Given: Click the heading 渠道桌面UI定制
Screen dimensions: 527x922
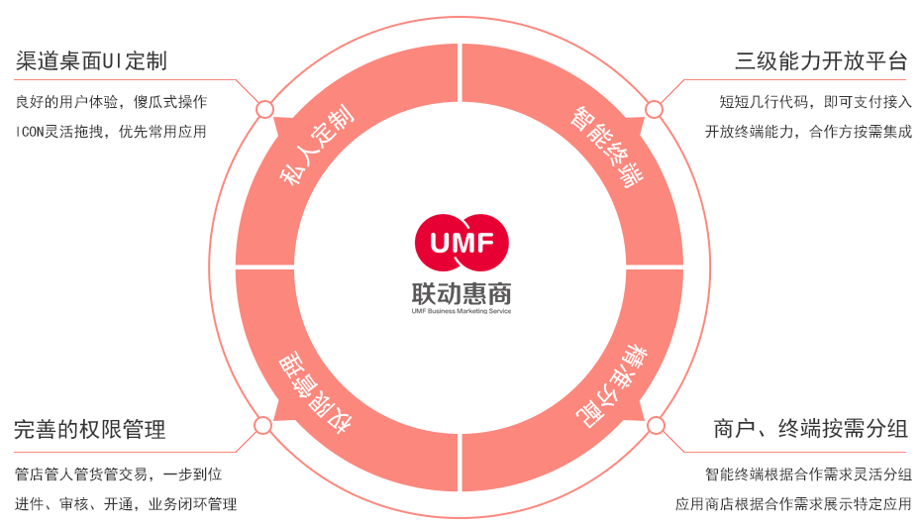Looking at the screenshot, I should pyautogui.click(x=91, y=61).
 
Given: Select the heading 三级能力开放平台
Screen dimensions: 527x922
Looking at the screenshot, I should pyautogui.click(x=821, y=61).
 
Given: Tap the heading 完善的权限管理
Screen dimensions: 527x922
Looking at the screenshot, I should pyautogui.click(x=90, y=430).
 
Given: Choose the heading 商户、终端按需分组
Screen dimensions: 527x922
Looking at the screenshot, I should pyautogui.click(x=810, y=430).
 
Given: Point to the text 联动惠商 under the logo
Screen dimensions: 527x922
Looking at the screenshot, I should pyautogui.click(x=461, y=292).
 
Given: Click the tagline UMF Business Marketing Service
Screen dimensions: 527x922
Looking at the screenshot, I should pyautogui.click(x=461, y=311).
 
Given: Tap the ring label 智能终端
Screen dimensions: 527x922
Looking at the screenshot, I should pyautogui.click(x=605, y=148).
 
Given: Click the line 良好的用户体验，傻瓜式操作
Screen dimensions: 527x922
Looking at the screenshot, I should pyautogui.click(x=111, y=102).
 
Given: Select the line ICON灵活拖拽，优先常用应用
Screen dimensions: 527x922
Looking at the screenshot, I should pyautogui.click(x=111, y=131).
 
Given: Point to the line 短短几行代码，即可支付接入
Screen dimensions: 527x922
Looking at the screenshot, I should pyautogui.click(x=815, y=102).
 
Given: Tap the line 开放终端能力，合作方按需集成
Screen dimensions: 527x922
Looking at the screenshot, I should pyautogui.click(x=808, y=131).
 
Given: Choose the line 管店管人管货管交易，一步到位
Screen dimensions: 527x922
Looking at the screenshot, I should pyautogui.click(x=118, y=474).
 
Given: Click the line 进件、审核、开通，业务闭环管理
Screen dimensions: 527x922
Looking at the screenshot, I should pyautogui.click(x=126, y=504).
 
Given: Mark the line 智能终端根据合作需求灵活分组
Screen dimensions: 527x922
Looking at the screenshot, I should pyautogui.click(x=808, y=474).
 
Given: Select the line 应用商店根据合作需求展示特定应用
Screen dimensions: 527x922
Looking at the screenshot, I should pyautogui.click(x=793, y=504).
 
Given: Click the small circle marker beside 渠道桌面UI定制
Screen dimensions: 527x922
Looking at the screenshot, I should pyautogui.click(x=264, y=108).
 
